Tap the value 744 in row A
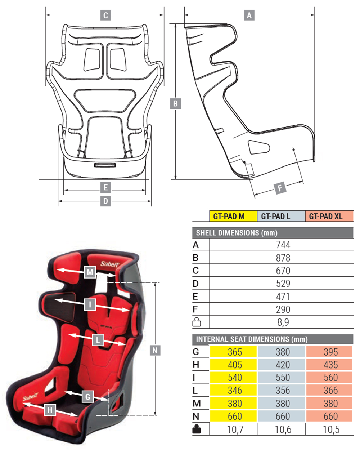(283, 245)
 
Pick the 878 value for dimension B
(283, 258)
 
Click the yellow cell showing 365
(235, 352)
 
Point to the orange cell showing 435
(330, 365)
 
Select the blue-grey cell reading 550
(283, 378)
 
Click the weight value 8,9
(283, 322)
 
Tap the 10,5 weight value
(330, 429)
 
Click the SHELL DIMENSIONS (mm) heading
(237, 233)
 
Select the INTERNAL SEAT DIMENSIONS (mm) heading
(252, 339)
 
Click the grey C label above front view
(105, 15)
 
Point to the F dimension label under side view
(280, 188)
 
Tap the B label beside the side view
(175, 104)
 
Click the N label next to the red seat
(155, 350)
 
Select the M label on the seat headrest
(90, 272)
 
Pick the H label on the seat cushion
(50, 410)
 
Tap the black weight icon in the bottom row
(197, 429)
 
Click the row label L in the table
(195, 391)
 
